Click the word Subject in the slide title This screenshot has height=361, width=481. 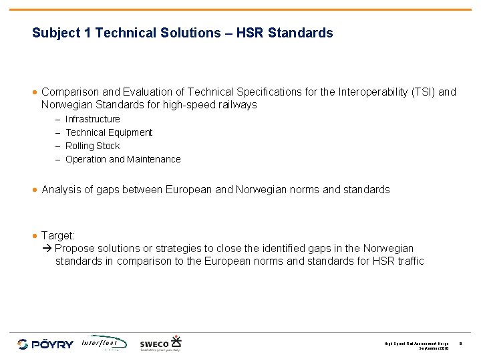point(55,33)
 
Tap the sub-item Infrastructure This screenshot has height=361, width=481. point(93,119)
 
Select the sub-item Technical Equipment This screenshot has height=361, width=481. point(109,132)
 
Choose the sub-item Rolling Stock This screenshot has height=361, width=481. point(93,146)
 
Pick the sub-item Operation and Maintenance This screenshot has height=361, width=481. point(123,159)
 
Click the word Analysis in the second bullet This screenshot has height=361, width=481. point(61,189)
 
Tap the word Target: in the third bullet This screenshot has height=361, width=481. point(59,235)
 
